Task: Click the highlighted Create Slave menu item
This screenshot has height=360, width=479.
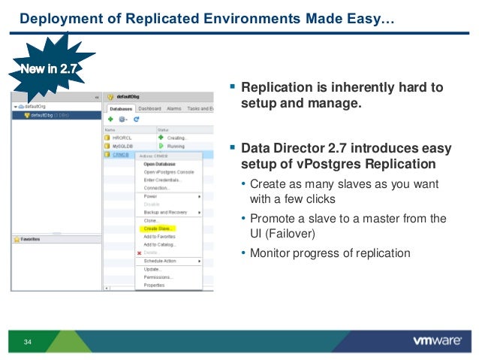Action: coord(158,228)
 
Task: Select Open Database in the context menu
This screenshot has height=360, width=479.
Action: coord(159,163)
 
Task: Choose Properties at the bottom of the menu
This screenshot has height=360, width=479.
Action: coord(154,286)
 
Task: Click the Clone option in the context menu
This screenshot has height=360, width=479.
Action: coord(151,220)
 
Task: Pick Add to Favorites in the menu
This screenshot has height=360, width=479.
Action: coord(159,237)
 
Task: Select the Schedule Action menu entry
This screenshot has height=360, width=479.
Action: coord(160,261)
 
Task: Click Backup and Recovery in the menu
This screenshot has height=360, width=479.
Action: coord(165,212)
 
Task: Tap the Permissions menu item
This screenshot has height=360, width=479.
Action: coord(158,277)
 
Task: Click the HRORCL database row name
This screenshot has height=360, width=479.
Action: coord(122,138)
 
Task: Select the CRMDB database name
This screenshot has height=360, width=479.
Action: coord(122,155)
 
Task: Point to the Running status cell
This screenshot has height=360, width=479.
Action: coord(176,147)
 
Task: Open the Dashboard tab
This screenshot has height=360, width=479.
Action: coord(149,108)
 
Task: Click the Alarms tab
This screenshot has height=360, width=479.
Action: coord(174,108)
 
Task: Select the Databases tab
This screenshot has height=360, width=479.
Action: coord(119,108)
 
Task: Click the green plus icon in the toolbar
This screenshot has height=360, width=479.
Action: coord(110,119)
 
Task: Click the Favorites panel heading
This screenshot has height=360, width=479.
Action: coord(31,239)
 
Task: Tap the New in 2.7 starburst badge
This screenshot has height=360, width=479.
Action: coord(47,70)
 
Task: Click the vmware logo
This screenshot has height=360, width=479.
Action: coord(437,340)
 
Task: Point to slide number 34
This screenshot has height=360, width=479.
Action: coord(29,343)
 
